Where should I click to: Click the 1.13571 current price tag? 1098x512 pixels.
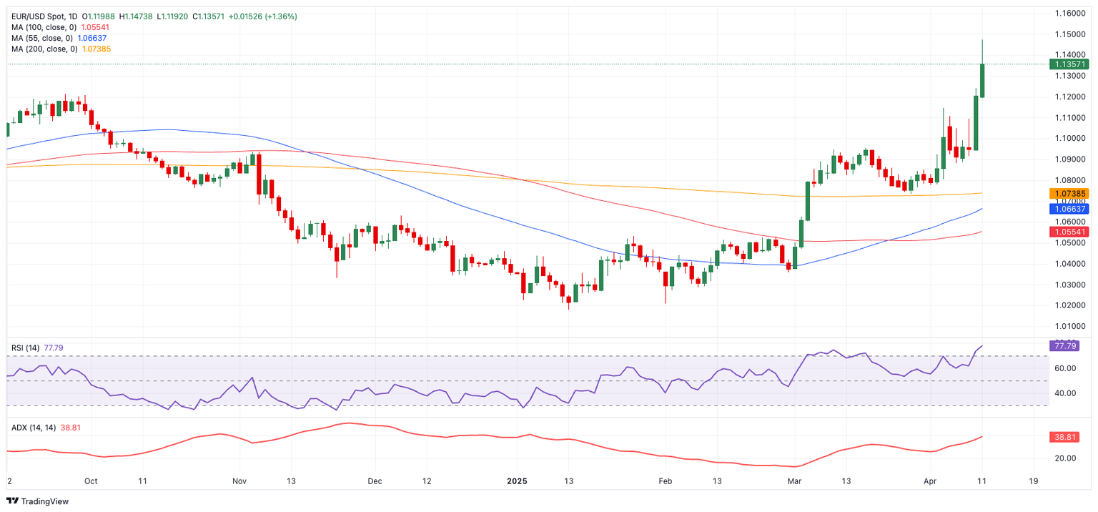pos(1068,64)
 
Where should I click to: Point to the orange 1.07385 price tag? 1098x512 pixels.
pos(1068,194)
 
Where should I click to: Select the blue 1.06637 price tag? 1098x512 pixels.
pos(1068,209)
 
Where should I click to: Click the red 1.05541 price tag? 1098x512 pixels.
pos(1068,232)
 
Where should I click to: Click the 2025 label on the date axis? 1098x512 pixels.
pos(515,481)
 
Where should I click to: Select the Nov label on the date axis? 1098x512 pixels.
pos(239,481)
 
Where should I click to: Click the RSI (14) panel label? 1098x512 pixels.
pos(26,348)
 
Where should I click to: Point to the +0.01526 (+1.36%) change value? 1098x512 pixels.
pos(263,16)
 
